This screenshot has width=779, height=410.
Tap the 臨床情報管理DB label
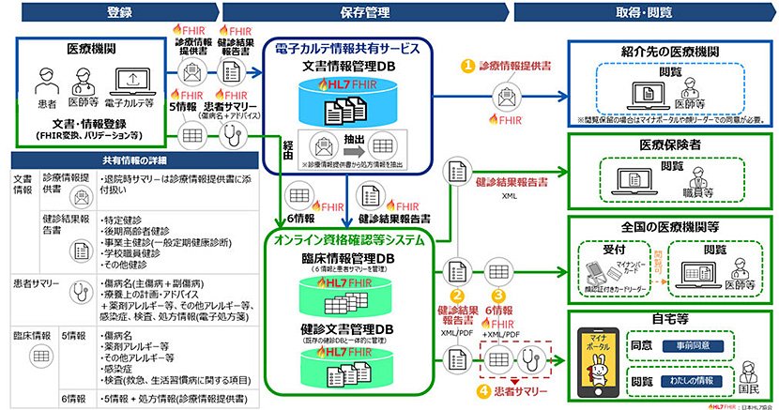(x=347, y=258)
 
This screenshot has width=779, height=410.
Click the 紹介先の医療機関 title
(x=667, y=49)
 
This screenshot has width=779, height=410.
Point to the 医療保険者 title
(x=667, y=145)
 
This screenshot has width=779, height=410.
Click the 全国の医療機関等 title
(x=667, y=226)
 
